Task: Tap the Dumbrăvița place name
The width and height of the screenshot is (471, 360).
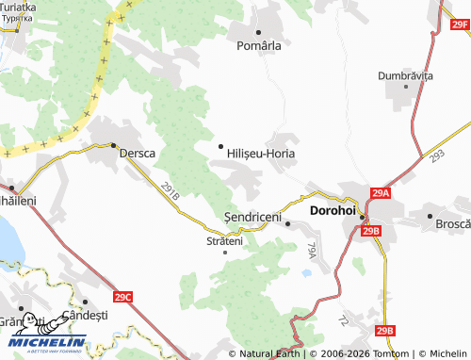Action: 405,74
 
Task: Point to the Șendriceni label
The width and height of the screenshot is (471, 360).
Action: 253,217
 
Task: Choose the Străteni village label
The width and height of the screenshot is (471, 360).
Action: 224,241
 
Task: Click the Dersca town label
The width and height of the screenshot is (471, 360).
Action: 137,153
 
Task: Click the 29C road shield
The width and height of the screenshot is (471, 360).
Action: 123,298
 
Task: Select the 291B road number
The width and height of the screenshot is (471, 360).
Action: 170,190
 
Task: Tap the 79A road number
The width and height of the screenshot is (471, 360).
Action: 312,250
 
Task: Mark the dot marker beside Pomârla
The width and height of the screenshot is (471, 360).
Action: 258,32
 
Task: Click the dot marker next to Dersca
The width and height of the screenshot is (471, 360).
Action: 113,145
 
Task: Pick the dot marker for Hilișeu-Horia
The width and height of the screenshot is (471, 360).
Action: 221,146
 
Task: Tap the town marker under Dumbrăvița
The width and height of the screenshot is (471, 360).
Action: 407,86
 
